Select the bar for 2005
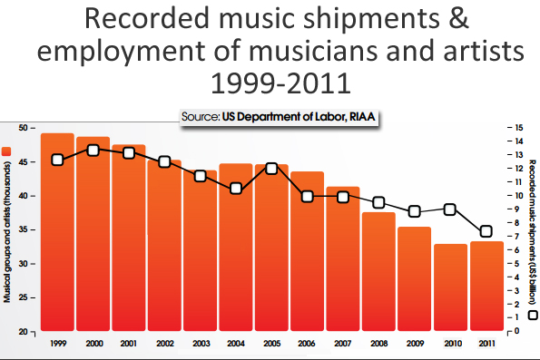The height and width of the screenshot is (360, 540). [270, 248]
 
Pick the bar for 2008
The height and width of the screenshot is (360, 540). [378, 272]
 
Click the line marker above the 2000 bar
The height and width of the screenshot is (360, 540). [93, 150]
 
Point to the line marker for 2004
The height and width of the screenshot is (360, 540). [236, 189]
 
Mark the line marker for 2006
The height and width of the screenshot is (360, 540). [307, 196]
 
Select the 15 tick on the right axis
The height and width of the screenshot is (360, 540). [514, 128]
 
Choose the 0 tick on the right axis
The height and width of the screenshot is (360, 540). [514, 331]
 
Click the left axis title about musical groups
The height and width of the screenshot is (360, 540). [7, 231]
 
